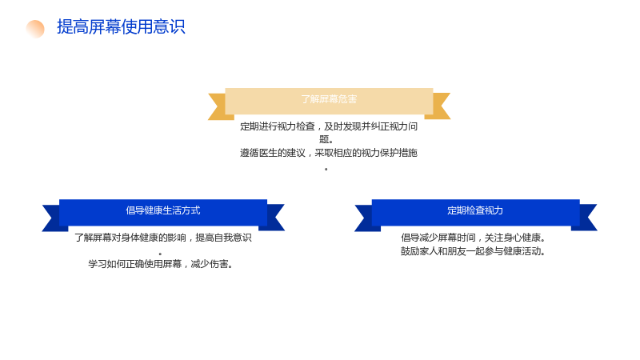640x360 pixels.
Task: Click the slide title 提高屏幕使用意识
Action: (121, 27)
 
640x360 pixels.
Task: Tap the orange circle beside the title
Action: (35, 29)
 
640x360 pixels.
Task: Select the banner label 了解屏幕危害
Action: (329, 99)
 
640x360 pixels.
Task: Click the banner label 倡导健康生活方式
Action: (163, 210)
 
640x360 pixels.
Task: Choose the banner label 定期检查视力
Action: (475, 210)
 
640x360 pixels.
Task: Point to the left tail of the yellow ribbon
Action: (218, 106)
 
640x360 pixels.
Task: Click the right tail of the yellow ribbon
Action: (439, 106)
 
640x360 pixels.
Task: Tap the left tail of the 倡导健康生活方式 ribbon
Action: (53, 218)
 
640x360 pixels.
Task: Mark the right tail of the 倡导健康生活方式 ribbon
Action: (274, 218)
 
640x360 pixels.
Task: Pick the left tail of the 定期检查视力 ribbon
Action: (366, 218)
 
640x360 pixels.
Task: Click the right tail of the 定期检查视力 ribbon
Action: (586, 218)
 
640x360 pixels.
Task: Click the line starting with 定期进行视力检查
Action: (329, 126)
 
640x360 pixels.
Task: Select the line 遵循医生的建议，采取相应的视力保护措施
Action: (329, 153)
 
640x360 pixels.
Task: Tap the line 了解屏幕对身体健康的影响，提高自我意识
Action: (163, 238)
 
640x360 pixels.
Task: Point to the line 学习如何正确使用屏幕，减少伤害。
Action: (161, 264)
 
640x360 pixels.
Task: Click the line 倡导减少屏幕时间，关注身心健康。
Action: (474, 238)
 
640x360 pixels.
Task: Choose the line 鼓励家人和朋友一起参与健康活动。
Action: (474, 251)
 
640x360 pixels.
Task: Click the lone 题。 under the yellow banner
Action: (326, 139)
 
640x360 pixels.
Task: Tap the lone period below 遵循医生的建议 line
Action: (326, 169)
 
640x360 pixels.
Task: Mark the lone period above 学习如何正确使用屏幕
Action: (161, 254)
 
